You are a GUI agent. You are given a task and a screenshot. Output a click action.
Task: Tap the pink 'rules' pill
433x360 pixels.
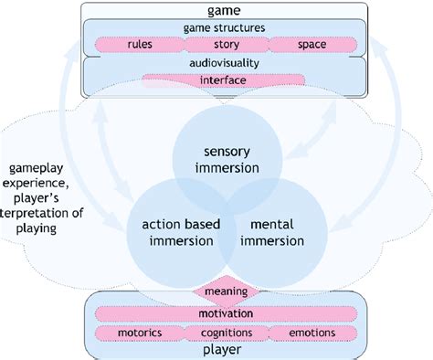[x=139, y=43]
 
